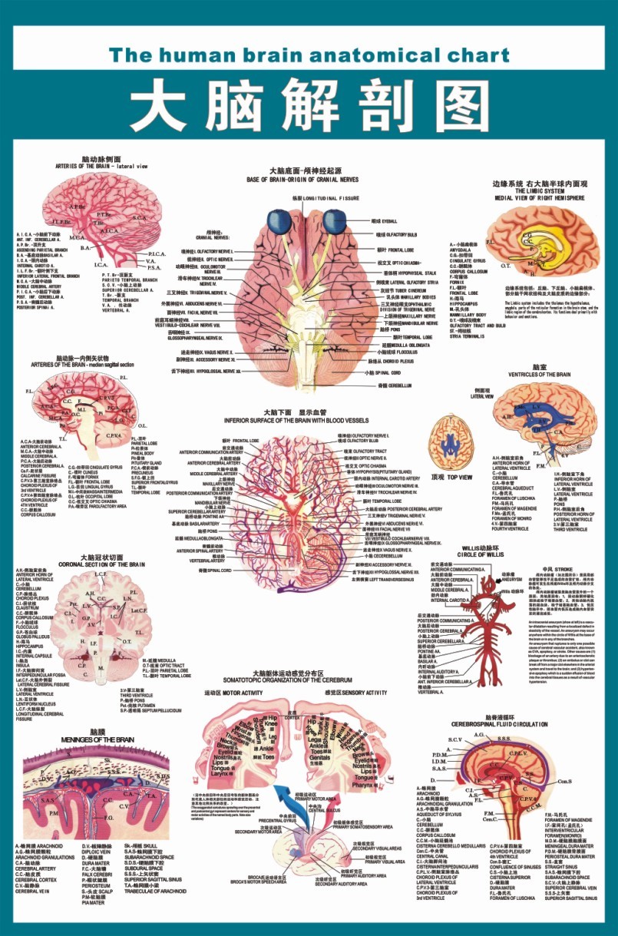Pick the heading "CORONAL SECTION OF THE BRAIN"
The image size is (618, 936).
(x=101, y=564)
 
